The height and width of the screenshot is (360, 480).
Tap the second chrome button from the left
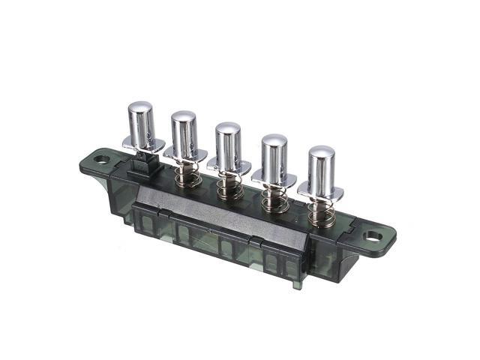(184, 133)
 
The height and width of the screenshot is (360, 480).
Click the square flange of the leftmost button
(141, 144)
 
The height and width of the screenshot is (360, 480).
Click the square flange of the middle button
(229, 166)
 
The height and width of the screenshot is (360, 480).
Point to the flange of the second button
(184, 155)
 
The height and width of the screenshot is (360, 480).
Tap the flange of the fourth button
(274, 177)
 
